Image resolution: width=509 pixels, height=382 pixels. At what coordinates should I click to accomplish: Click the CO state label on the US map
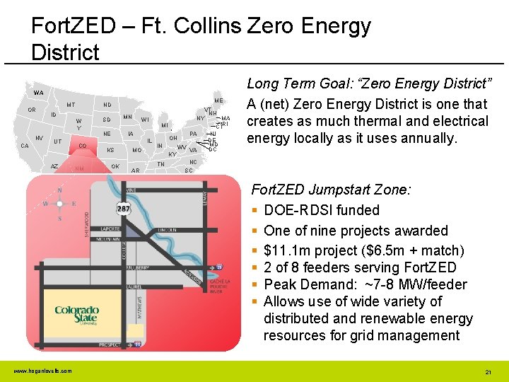point(82,146)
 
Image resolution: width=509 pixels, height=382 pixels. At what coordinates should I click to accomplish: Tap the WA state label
point(37,93)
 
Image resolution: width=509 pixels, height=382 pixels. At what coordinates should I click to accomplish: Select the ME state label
point(218,101)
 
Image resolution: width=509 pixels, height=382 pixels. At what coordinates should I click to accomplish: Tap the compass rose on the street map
point(59,204)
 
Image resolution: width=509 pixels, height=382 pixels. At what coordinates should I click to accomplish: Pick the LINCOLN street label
point(167,230)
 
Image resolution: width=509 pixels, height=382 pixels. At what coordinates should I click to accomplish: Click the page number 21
point(488,371)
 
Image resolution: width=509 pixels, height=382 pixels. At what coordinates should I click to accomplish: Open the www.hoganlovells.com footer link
point(42,371)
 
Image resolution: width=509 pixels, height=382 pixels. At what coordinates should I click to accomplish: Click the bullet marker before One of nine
point(255,231)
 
